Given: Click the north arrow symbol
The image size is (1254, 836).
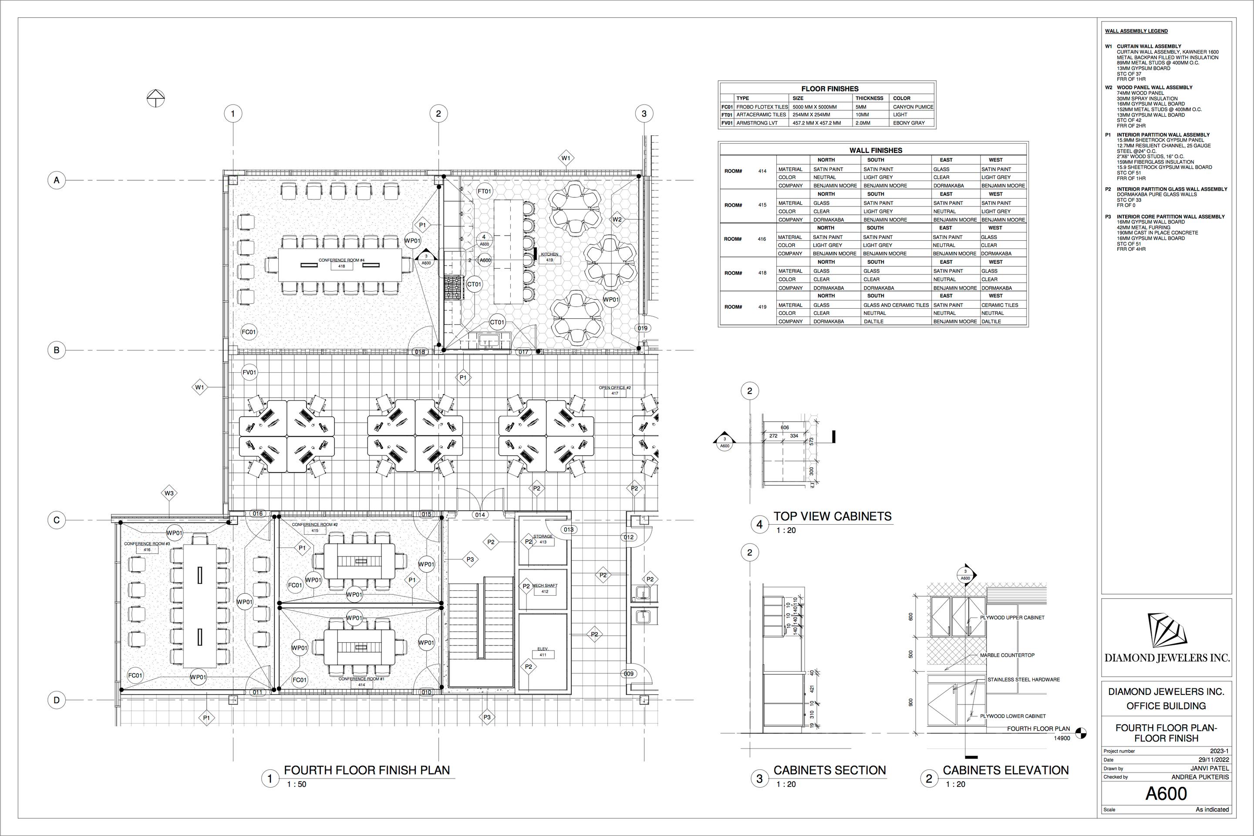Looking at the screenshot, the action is click(156, 98).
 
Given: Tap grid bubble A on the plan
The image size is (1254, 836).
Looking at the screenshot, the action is click(57, 180).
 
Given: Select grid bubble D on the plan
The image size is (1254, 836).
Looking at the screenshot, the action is click(57, 700).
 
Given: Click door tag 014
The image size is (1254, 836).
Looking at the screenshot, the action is click(480, 515).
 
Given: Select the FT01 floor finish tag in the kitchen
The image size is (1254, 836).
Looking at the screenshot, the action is click(485, 191).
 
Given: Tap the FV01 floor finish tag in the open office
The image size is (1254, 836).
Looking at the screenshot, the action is click(249, 372).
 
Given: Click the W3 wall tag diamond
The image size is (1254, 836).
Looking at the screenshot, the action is click(169, 493).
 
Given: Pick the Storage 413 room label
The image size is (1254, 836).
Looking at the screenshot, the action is click(543, 539).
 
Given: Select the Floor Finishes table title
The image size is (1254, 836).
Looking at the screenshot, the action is click(829, 88).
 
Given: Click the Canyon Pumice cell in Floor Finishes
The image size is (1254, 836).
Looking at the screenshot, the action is click(913, 107).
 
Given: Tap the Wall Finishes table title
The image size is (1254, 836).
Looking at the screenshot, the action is click(876, 150).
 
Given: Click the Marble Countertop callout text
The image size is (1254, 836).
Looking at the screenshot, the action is click(1007, 655).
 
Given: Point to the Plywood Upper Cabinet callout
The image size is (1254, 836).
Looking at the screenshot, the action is click(1012, 617).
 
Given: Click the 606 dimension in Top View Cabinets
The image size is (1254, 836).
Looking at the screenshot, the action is click(784, 428).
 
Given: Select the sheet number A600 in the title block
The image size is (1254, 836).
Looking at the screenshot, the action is click(1166, 794).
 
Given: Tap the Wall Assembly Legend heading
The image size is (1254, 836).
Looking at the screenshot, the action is click(1136, 31).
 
